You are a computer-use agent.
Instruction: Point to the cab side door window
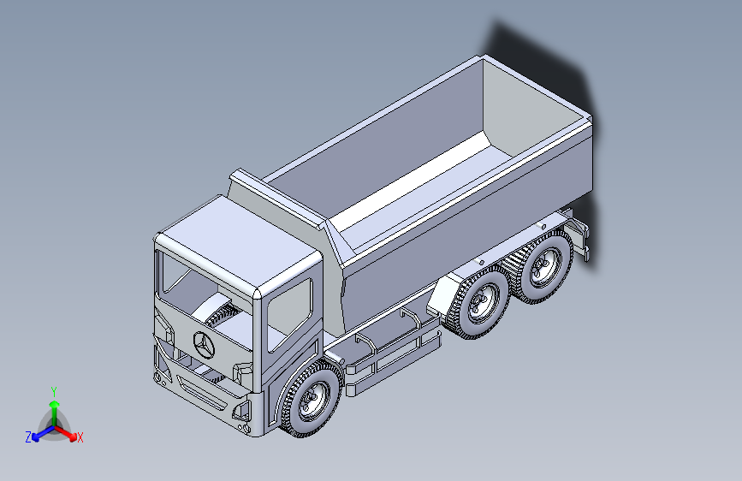tap(289, 313)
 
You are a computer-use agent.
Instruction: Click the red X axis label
tap(80, 438)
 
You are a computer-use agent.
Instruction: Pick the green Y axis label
tap(53, 391)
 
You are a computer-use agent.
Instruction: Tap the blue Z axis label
tap(28, 437)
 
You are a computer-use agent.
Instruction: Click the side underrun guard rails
tap(394, 351)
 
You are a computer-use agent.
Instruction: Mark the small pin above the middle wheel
tap(482, 260)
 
